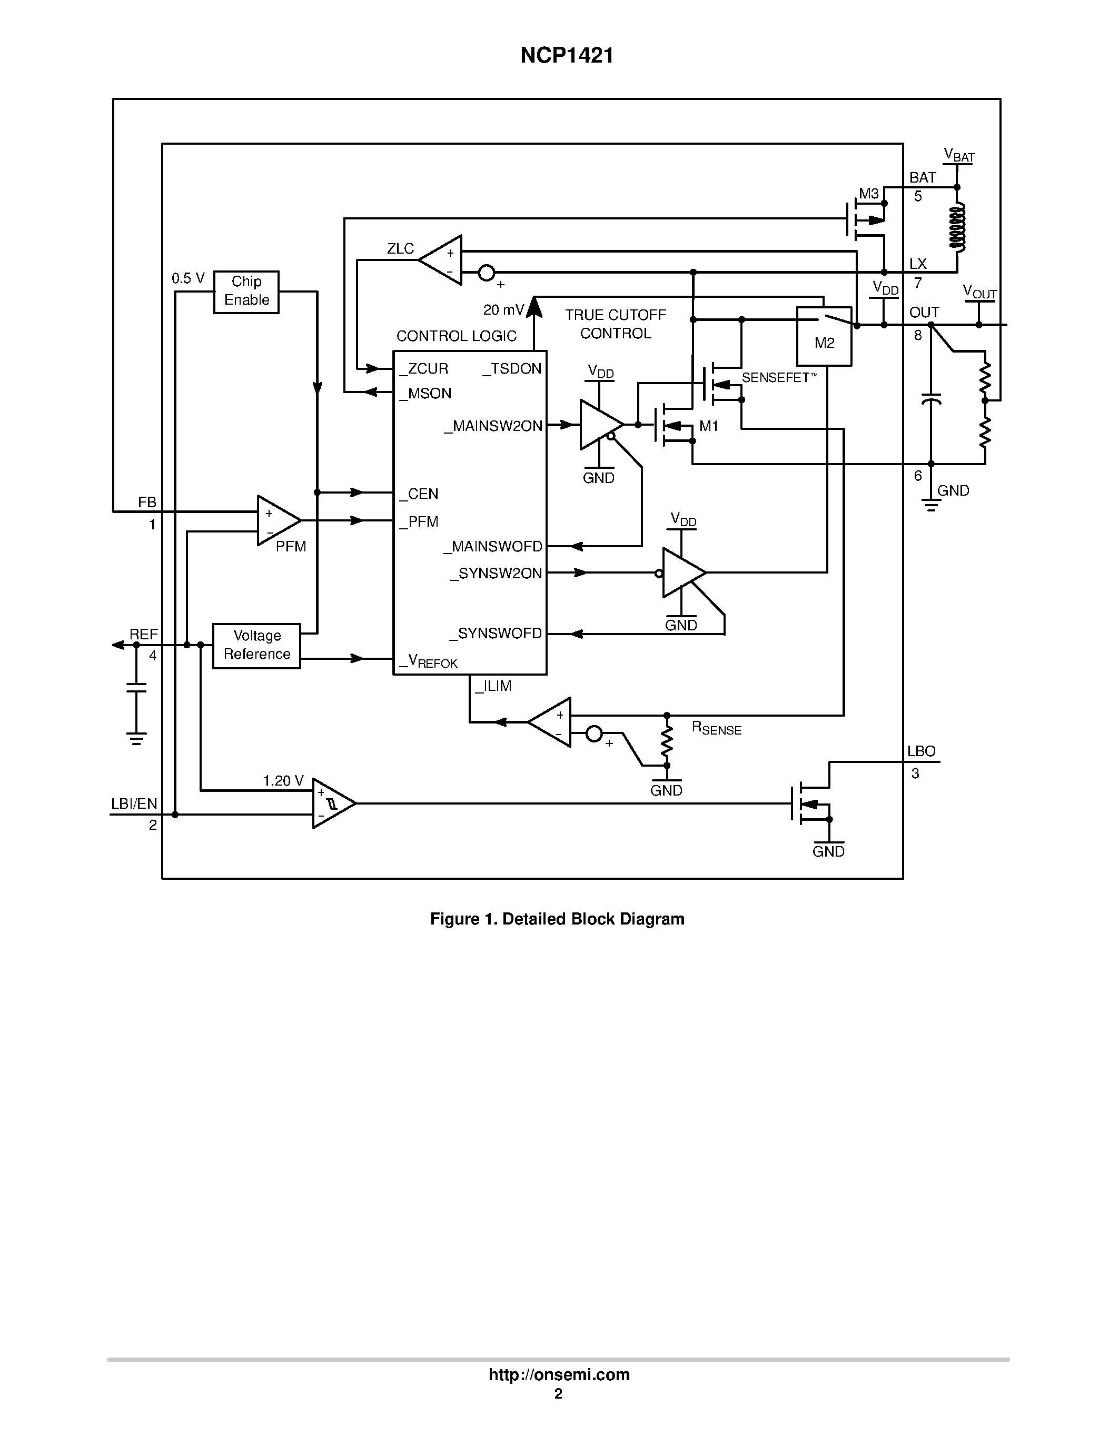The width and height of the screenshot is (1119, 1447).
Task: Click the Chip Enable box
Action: pos(246,292)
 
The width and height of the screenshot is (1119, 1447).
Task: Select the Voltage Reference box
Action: pos(256,645)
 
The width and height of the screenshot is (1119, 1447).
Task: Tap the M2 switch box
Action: pos(824,336)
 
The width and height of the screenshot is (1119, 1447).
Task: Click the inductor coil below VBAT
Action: pos(957,227)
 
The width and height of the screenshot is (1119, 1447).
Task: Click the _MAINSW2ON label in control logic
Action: pos(493,426)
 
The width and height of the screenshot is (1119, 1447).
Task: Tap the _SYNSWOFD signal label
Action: pos(496,634)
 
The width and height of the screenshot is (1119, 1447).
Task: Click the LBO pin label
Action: pos(921,751)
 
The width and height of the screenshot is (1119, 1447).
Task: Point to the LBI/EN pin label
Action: pos(134,803)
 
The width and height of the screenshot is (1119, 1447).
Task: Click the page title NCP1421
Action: pos(566,56)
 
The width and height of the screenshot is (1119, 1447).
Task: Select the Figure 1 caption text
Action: pos(557,919)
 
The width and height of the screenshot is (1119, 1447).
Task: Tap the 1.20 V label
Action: pos(283,780)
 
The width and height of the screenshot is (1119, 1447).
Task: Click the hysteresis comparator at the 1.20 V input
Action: pos(331,803)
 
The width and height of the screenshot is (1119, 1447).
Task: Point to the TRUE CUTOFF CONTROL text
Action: pos(615,324)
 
